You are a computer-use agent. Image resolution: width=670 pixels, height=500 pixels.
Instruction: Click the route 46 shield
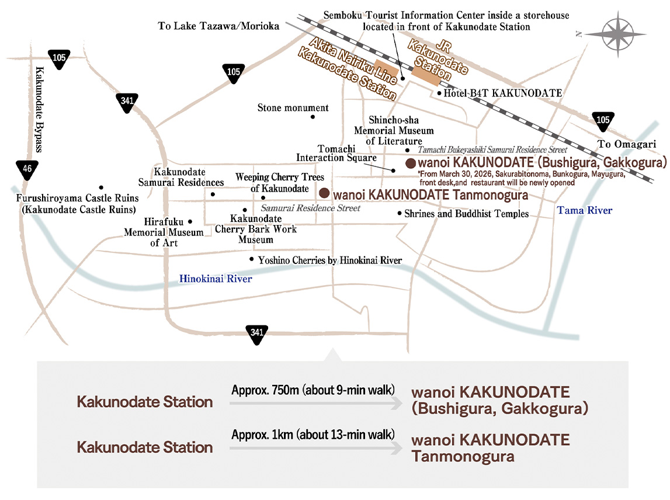point(27,169)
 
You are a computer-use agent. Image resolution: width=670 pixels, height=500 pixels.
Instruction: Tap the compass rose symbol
point(617,34)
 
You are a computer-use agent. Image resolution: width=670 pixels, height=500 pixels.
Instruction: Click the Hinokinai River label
point(216,279)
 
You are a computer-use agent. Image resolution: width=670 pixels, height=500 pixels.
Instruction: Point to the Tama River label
point(584,210)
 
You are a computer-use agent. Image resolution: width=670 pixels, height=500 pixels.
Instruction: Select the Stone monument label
point(293,107)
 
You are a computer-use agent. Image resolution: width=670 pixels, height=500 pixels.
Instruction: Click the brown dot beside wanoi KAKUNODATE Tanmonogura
point(324,193)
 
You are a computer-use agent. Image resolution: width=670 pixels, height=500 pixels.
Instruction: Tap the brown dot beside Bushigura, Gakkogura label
point(411,163)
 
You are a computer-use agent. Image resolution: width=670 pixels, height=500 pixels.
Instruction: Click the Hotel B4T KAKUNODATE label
point(502,93)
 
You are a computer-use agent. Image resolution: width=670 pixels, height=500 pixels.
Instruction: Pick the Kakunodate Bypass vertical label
point(39,109)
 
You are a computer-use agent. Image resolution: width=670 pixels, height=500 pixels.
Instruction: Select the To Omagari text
point(626,144)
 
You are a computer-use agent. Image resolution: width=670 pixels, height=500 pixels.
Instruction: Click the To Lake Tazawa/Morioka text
point(218,26)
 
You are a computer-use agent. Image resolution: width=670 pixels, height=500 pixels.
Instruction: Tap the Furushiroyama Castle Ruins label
point(77,203)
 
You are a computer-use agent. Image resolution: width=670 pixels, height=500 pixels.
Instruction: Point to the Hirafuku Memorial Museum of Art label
point(164,232)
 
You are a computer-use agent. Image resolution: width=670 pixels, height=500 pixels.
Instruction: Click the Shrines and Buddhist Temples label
point(466,213)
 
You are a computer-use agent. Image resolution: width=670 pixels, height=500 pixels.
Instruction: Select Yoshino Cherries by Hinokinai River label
point(330,261)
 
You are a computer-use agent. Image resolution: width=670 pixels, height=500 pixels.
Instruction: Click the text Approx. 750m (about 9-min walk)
point(313,390)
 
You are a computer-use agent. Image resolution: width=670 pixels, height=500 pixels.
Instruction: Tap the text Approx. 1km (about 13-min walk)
point(313,435)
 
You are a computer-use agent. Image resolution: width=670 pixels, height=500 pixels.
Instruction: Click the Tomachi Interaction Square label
point(336,153)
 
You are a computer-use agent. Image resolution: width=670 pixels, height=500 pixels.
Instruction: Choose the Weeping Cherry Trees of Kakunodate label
point(279,182)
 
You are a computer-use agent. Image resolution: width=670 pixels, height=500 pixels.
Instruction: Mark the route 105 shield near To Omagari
point(603,121)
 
